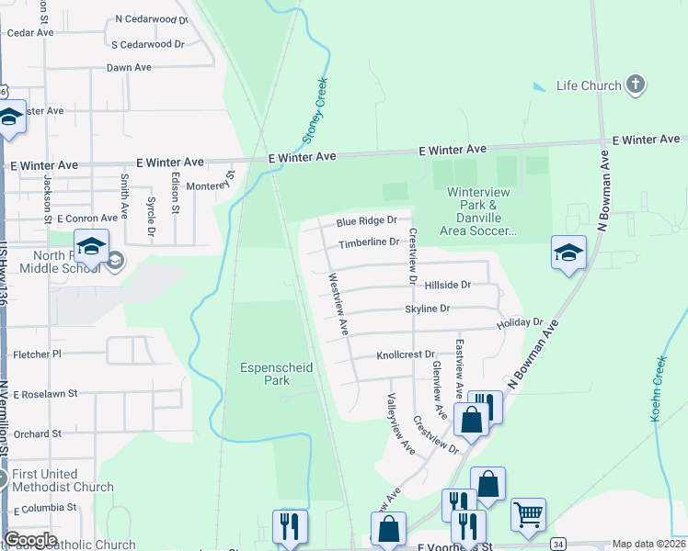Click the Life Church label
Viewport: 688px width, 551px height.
(589, 86)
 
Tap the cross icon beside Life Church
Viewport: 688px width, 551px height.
(635, 85)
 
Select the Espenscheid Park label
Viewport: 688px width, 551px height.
(277, 374)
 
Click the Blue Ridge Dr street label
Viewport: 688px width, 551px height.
(366, 221)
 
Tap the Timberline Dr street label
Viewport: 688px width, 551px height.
(368, 243)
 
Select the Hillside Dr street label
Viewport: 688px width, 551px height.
(447, 286)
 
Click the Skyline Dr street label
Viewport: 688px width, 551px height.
(428, 309)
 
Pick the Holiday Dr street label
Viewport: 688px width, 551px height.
(521, 323)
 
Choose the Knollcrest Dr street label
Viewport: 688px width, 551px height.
(405, 354)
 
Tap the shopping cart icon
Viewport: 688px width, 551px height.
(528, 514)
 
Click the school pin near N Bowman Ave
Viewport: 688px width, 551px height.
(568, 253)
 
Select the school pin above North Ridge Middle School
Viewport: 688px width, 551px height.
(92, 246)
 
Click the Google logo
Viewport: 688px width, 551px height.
(30, 540)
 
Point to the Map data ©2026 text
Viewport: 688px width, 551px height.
(649, 544)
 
